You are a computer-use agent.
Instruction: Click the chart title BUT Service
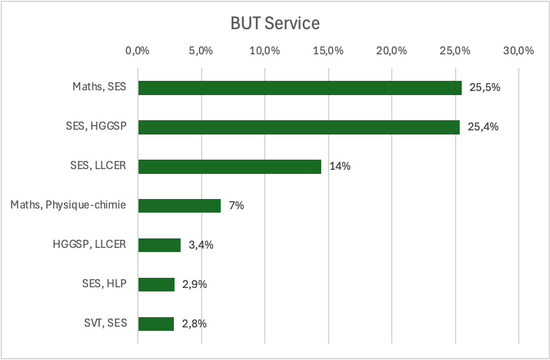275,23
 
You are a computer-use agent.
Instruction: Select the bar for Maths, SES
299,88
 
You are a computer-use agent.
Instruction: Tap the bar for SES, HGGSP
299,127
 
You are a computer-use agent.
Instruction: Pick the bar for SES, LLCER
230,166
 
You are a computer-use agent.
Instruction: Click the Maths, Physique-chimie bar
179,206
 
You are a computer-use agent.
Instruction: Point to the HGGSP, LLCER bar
160,245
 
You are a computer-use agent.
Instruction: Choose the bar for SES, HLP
156,285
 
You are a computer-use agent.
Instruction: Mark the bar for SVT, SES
156,324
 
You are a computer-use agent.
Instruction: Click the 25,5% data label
483,88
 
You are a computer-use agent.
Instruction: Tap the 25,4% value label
483,127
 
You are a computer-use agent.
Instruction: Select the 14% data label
340,166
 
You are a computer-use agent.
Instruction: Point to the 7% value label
236,206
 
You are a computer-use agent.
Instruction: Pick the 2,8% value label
194,324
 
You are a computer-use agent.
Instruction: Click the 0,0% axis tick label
138,51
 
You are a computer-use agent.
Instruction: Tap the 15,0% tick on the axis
328,51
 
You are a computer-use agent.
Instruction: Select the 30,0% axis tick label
518,51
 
